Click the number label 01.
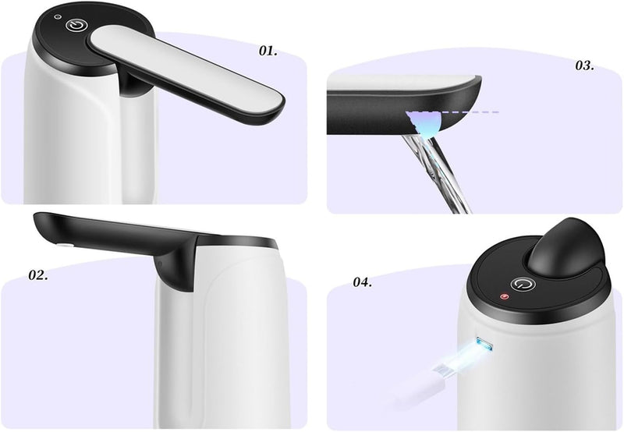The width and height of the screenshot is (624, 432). pos(268,51)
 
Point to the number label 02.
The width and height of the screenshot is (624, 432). pos(39,274)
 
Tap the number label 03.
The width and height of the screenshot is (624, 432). pos(584,66)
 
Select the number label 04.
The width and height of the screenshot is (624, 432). pos(362,282)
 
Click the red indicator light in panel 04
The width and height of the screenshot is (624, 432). pos(505,297)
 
